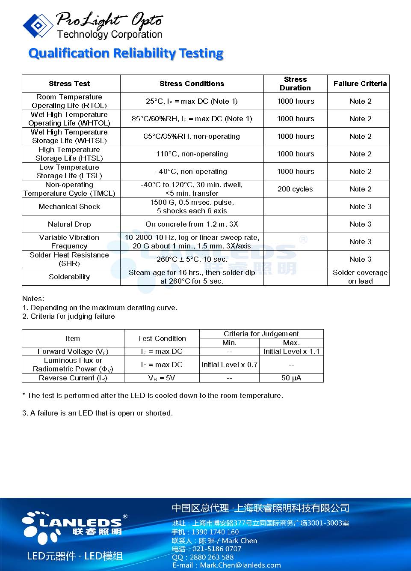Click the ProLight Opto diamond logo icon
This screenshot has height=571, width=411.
(38, 25)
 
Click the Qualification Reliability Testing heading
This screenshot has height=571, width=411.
(126, 53)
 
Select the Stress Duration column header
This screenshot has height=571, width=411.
(295, 84)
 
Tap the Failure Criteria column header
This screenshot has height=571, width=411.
(360, 84)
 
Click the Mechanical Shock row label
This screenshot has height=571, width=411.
(69, 206)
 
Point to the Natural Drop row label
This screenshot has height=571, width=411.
(69, 224)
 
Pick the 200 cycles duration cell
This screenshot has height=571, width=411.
(295, 189)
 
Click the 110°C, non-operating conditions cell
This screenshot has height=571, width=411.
(192, 154)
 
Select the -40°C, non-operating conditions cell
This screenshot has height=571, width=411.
(192, 171)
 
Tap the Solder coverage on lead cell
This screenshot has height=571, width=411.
(360, 277)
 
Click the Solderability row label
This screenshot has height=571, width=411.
(69, 277)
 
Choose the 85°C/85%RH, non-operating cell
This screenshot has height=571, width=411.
(192, 136)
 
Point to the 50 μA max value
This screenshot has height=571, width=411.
(291, 378)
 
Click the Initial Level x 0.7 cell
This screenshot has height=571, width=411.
(229, 365)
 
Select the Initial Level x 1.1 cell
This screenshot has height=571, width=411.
(291, 351)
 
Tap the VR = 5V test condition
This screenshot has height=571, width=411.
(162, 378)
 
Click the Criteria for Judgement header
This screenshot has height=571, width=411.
(261, 334)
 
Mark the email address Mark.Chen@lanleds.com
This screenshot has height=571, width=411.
(240, 565)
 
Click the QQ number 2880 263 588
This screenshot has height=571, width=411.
(212, 557)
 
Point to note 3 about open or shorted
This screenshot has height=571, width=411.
(98, 413)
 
